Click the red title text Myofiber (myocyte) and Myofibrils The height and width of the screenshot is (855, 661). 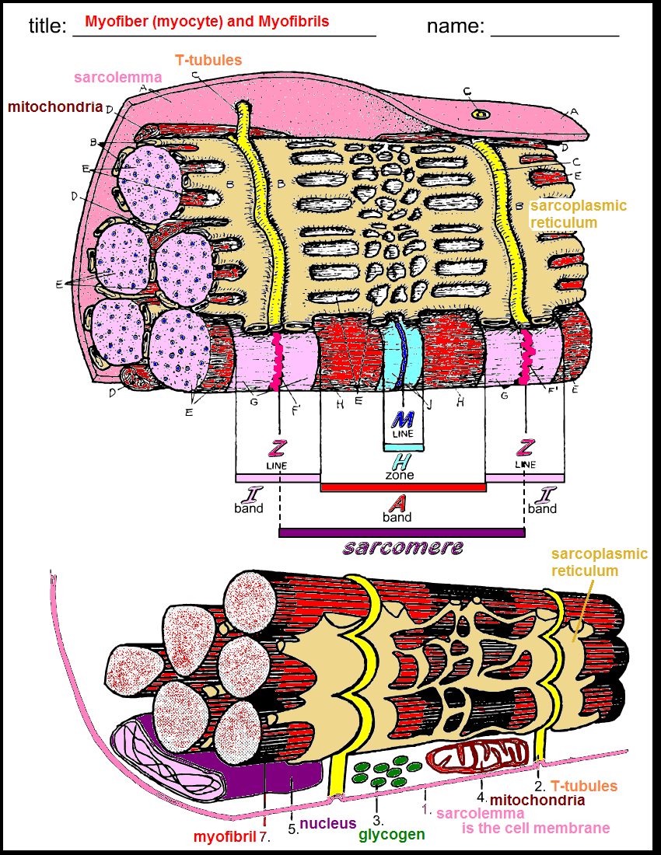pyautogui.click(x=208, y=22)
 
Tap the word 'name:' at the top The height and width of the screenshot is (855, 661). pyautogui.click(x=455, y=26)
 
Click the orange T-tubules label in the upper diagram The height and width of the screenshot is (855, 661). pyautogui.click(x=208, y=60)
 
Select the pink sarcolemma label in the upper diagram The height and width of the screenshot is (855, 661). pyautogui.click(x=117, y=77)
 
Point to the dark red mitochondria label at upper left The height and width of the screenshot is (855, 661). pyautogui.click(x=56, y=106)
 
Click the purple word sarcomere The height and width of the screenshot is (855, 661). pyautogui.click(x=403, y=547)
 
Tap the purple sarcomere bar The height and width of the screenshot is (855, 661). pyautogui.click(x=401, y=532)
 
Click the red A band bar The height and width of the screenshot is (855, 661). pyautogui.click(x=403, y=487)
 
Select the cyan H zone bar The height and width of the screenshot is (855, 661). pyautogui.click(x=403, y=448)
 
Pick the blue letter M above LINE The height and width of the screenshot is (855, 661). pyautogui.click(x=403, y=421)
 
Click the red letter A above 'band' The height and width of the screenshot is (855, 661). pyautogui.click(x=397, y=502)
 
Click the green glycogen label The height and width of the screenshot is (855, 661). pyautogui.click(x=392, y=835)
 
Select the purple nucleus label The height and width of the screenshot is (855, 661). pyautogui.click(x=328, y=823)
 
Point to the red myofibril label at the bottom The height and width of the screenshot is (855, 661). pyautogui.click(x=225, y=836)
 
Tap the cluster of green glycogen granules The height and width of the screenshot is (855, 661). pyautogui.click(x=384, y=769)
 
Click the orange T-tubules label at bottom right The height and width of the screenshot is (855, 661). pyautogui.click(x=584, y=786)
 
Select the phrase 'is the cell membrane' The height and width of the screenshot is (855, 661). pyautogui.click(x=536, y=828)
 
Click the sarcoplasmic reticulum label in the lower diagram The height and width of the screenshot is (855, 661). pyautogui.click(x=599, y=562)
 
